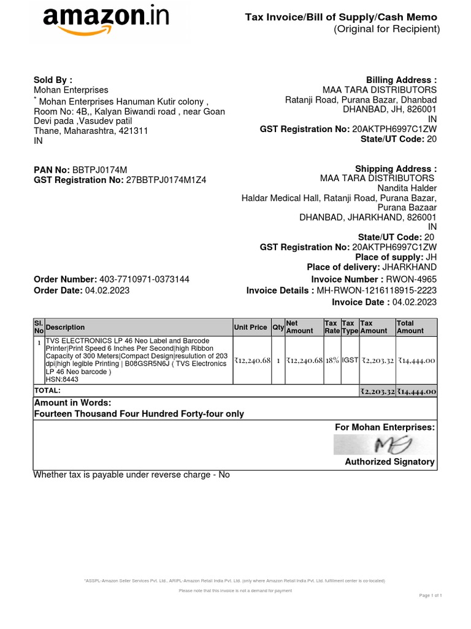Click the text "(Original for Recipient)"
pos(386,29)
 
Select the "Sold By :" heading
pos(53,80)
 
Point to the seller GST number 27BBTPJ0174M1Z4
pos(166,181)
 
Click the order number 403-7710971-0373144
pos(144,279)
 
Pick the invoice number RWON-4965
pos(411,279)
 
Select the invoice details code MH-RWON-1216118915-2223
pos(376,291)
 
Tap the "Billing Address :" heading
pos(401,80)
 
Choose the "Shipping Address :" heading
pos(396,169)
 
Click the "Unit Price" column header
pos(250,327)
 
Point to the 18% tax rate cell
pos(332,361)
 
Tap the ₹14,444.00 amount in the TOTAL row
pos(416,391)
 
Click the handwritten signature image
pos(385,444)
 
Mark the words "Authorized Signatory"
pos(389,462)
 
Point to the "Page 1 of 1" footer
pos(431,596)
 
